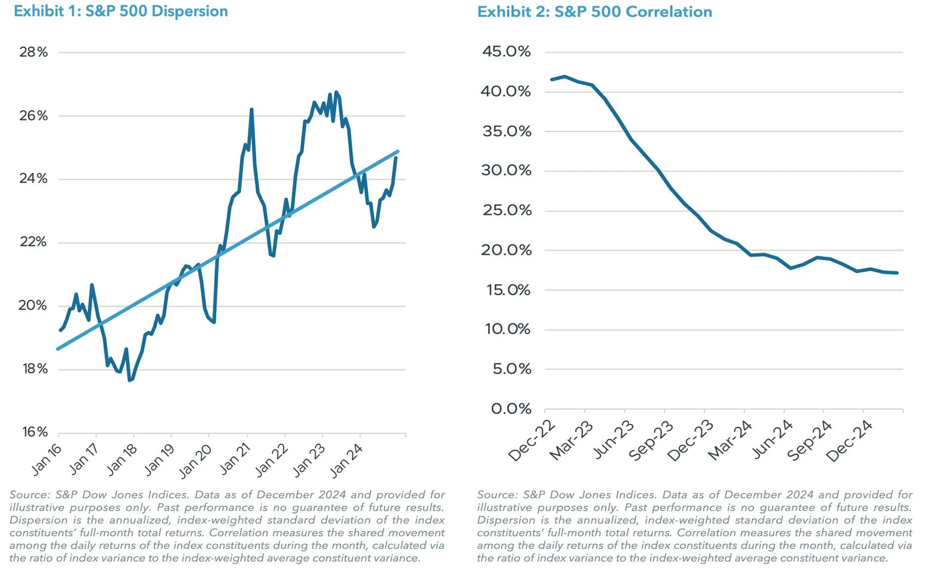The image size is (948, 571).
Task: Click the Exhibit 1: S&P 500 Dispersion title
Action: tap(120, 11)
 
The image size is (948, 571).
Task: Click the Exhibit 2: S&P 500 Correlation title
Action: tap(594, 11)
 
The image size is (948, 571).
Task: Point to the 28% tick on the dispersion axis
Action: tap(34, 52)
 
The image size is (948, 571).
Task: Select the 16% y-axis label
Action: tap(35, 432)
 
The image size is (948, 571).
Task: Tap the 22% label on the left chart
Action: tap(34, 242)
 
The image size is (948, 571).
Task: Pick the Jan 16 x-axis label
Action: tap(46, 460)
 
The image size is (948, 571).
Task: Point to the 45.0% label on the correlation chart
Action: tap(507, 51)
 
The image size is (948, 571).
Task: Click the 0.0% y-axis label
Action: tap(511, 409)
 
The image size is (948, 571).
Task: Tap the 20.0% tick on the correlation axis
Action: tap(507, 250)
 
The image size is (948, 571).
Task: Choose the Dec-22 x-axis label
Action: tap(531, 441)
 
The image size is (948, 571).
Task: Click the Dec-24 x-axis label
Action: tap(849, 441)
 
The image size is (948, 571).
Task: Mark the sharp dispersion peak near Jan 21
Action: tap(251, 109)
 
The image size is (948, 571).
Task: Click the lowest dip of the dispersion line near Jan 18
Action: tap(129, 380)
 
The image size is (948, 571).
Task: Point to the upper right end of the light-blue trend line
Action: tap(397, 152)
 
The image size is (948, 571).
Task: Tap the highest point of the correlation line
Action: tap(564, 77)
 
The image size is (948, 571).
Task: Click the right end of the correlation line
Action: tap(897, 273)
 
